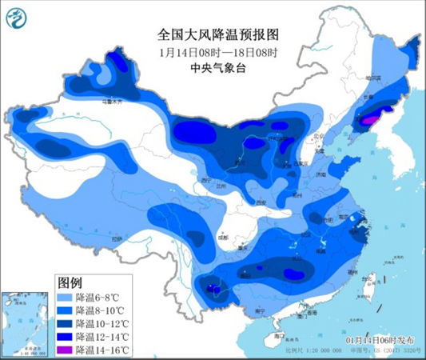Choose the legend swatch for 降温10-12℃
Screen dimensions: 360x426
pos(66,324)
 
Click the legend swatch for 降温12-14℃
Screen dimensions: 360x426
pos(66,338)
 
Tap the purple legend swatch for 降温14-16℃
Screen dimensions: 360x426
pos(66,350)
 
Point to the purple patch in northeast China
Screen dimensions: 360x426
pos(369,120)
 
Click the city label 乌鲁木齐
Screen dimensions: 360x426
pos(109,103)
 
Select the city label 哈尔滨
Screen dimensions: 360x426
pos(373,78)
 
